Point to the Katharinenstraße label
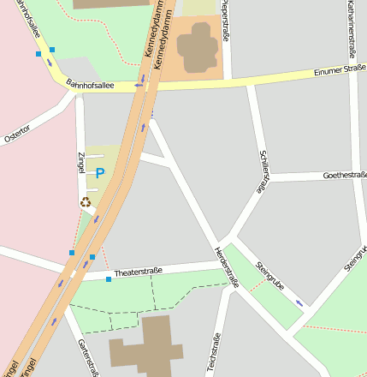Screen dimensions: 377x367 [x=352, y=23]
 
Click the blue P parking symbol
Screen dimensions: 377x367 [x=100, y=173]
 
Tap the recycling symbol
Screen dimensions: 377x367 [x=85, y=202]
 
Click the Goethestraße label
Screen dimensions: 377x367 [x=345, y=175]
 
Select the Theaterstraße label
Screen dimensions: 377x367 [x=138, y=272]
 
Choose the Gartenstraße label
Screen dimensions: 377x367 [x=83, y=356]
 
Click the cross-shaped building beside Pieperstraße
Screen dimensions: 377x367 [x=197, y=47]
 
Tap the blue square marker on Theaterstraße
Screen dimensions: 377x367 [x=109, y=279]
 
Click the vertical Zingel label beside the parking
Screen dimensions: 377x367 [x=81, y=165]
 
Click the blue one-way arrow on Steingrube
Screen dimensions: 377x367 [x=299, y=302]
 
